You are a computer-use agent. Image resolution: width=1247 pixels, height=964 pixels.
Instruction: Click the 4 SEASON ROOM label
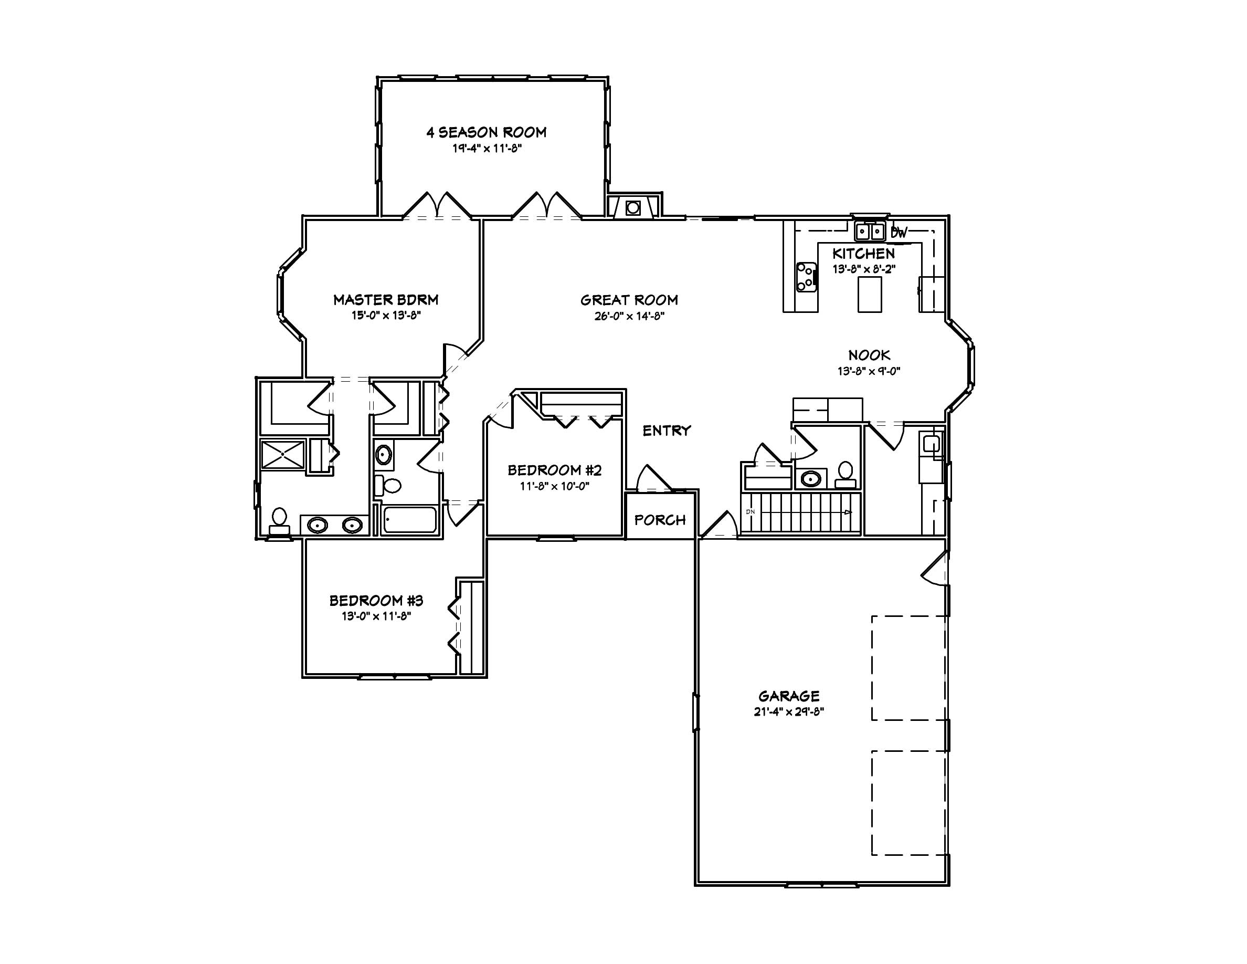(x=486, y=132)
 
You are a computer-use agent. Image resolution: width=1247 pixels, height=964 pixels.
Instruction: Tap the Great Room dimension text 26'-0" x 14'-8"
(x=629, y=316)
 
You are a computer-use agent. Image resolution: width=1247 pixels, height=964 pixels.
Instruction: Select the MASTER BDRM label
(x=385, y=299)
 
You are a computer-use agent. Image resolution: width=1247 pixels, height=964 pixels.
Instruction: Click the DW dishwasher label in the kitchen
(x=899, y=233)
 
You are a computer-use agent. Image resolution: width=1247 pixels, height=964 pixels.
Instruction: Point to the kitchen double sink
(x=869, y=232)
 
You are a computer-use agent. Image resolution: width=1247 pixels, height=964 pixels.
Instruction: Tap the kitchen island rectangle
(x=870, y=294)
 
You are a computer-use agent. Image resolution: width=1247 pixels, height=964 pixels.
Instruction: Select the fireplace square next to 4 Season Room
(x=632, y=208)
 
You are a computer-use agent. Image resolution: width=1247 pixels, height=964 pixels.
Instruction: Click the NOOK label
(x=869, y=355)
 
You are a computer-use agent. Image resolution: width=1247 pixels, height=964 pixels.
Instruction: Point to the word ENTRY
(x=667, y=431)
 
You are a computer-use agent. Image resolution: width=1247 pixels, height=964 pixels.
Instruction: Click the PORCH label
(x=660, y=520)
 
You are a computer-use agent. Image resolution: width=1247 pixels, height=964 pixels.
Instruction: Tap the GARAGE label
(x=788, y=696)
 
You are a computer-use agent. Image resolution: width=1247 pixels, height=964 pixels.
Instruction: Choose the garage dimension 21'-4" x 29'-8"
(x=788, y=711)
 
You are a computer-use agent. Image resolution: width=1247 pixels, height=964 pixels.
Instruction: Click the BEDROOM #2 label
(x=554, y=470)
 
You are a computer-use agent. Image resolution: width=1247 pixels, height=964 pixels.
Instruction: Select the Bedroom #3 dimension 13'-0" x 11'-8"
(x=376, y=616)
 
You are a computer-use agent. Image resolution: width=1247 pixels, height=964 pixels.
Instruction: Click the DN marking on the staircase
(x=751, y=512)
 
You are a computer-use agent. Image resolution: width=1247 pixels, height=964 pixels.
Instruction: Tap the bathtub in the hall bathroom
(x=409, y=520)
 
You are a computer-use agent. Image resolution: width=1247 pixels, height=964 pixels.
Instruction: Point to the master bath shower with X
(x=283, y=454)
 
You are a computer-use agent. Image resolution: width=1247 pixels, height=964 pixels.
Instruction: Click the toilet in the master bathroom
(x=279, y=519)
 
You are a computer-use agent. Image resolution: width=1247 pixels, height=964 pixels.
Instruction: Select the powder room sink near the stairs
(x=811, y=478)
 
